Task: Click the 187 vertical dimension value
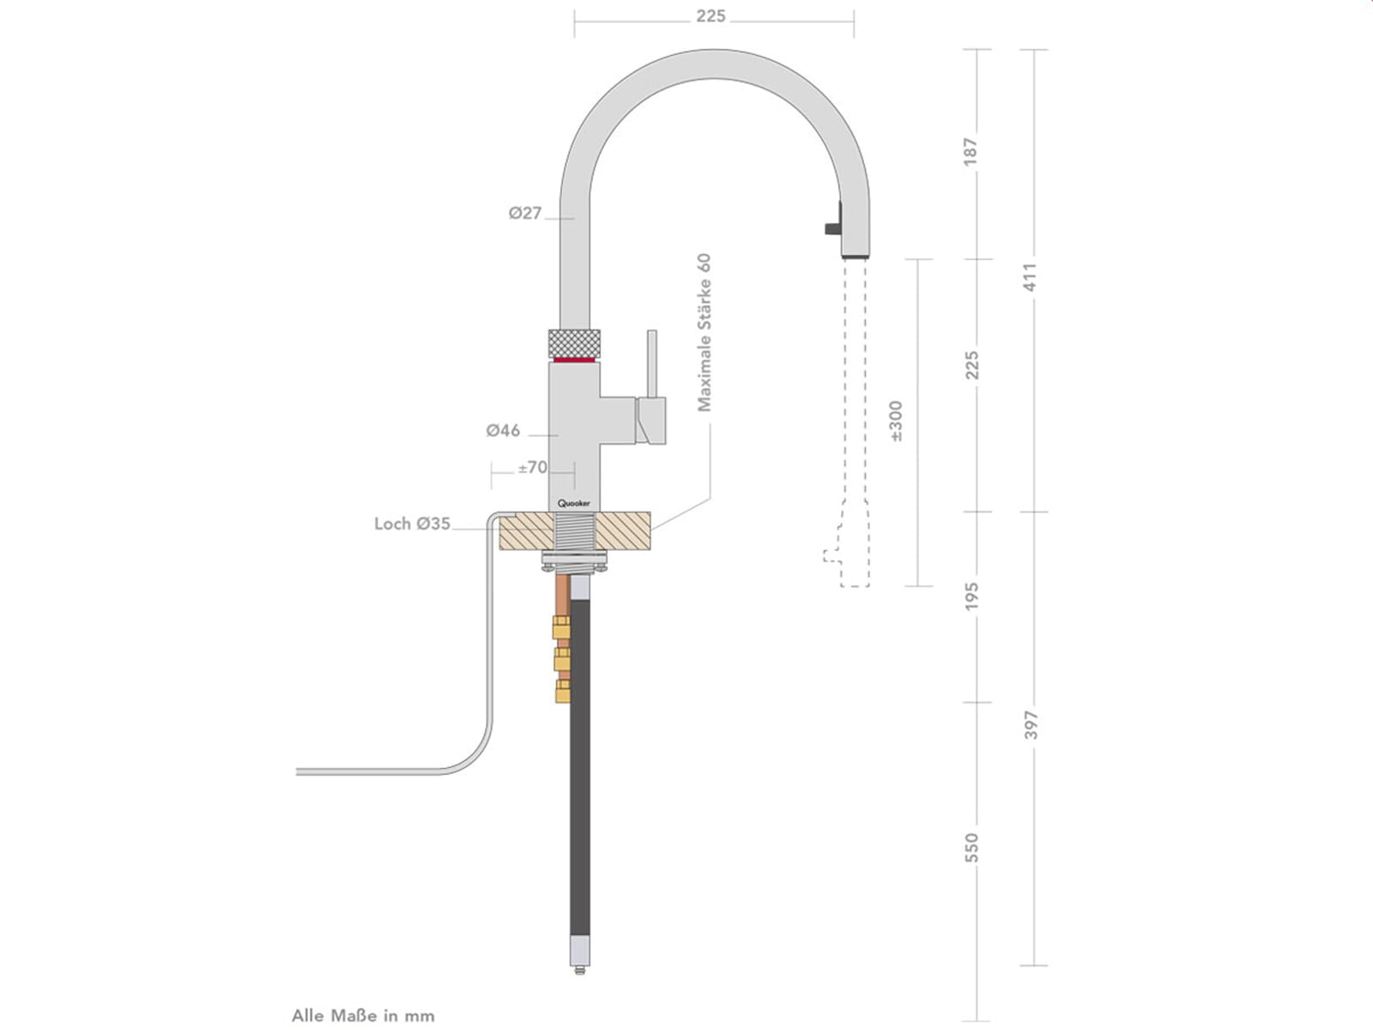971,152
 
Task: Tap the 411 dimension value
1031,276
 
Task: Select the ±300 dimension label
897,421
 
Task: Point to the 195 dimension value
971,597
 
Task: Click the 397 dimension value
1031,724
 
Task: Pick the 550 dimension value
971,847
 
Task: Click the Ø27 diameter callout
525,213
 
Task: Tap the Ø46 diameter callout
503,431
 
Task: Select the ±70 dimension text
532,468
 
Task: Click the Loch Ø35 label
412,524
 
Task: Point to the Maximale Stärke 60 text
705,332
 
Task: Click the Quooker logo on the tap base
574,504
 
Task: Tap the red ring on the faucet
575,360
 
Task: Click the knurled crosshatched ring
573,342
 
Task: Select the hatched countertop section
622,530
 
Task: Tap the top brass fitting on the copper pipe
562,626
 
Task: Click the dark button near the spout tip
833,227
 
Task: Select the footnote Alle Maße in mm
363,1015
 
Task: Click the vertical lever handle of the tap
652,364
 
